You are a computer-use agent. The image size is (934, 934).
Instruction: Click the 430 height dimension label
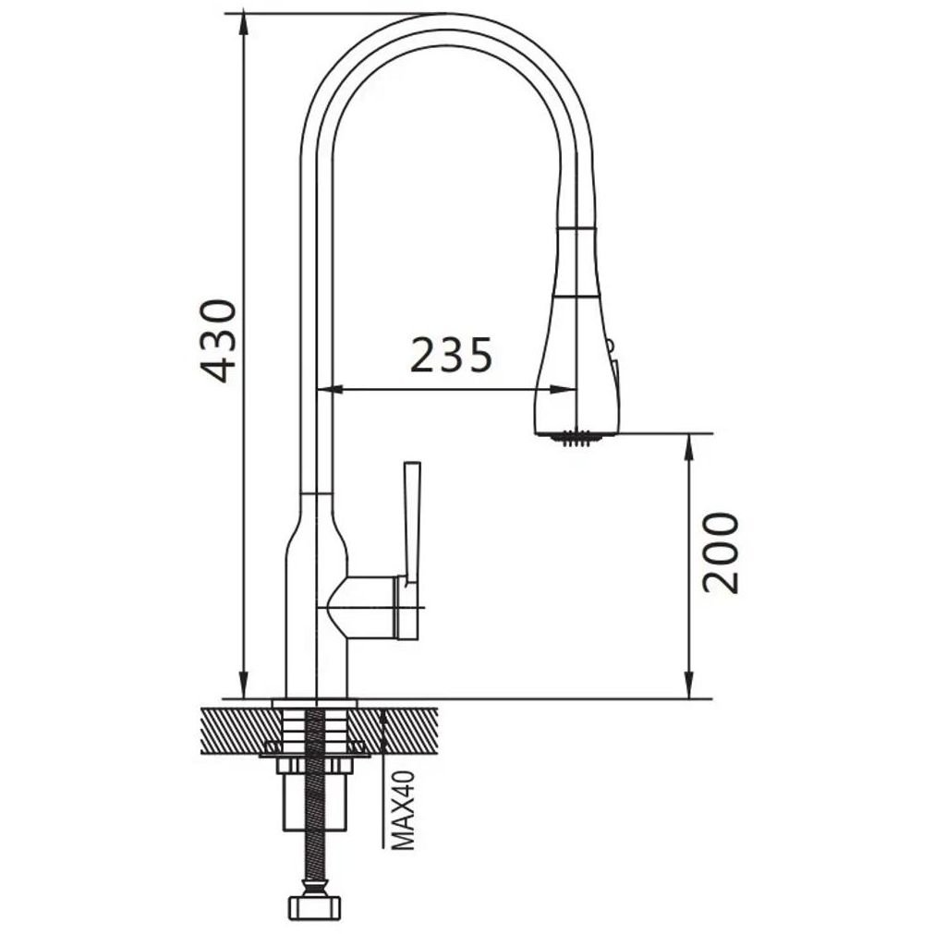click(x=218, y=341)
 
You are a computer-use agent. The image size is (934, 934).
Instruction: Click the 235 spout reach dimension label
click(x=452, y=355)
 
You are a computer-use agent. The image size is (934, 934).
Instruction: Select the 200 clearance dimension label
click(x=721, y=553)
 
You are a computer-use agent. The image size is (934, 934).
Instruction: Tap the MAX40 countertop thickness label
click(x=404, y=810)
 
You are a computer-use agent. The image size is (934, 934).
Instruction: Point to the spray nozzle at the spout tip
click(x=575, y=437)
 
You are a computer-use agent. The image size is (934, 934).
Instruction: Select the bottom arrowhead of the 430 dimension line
click(x=243, y=685)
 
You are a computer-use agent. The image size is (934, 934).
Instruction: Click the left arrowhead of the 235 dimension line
click(x=331, y=390)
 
